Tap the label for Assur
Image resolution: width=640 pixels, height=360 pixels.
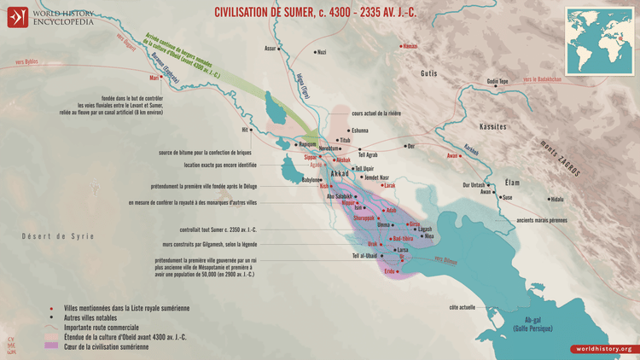point(271,49)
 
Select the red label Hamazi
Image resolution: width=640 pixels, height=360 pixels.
point(410,46)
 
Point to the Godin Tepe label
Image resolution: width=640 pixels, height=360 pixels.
point(497,82)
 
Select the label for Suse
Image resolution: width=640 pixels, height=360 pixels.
point(507,197)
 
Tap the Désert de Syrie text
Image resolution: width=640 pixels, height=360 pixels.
point(57,236)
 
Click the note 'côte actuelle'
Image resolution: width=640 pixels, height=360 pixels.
point(462,306)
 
